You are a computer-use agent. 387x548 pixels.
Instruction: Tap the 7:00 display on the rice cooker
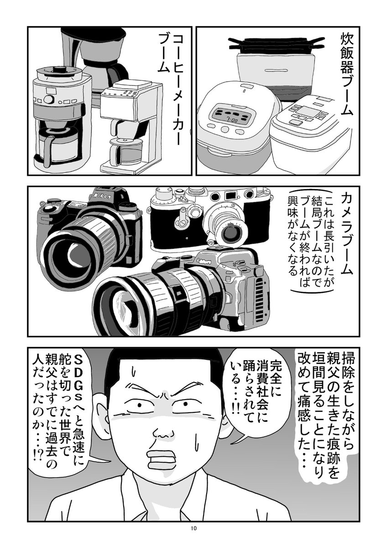coord(229,121)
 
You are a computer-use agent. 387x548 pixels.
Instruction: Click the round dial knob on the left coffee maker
coord(49,99)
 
